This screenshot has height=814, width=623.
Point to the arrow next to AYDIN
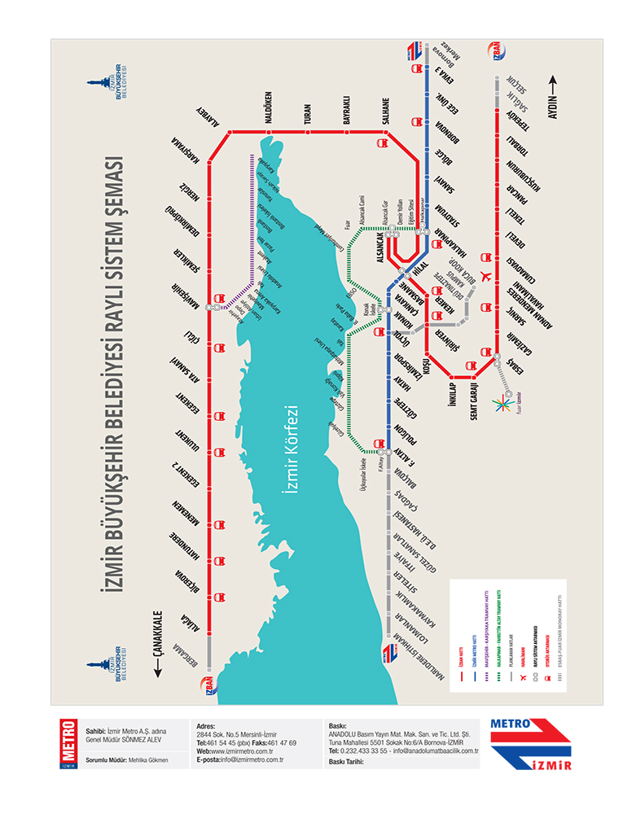pyautogui.click(x=553, y=81)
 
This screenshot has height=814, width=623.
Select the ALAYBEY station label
pyautogui.click(x=208, y=116)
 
